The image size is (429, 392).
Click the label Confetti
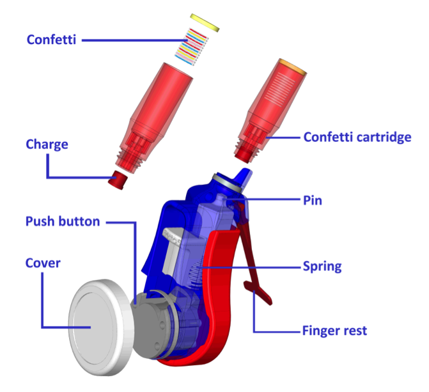(x=52, y=40)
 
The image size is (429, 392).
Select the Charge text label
(x=47, y=145)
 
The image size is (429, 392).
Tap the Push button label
(x=63, y=222)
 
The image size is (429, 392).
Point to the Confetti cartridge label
(x=357, y=137)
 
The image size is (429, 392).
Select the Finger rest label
(x=334, y=331)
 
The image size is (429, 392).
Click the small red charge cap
(x=118, y=180)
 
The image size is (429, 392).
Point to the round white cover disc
(x=100, y=324)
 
